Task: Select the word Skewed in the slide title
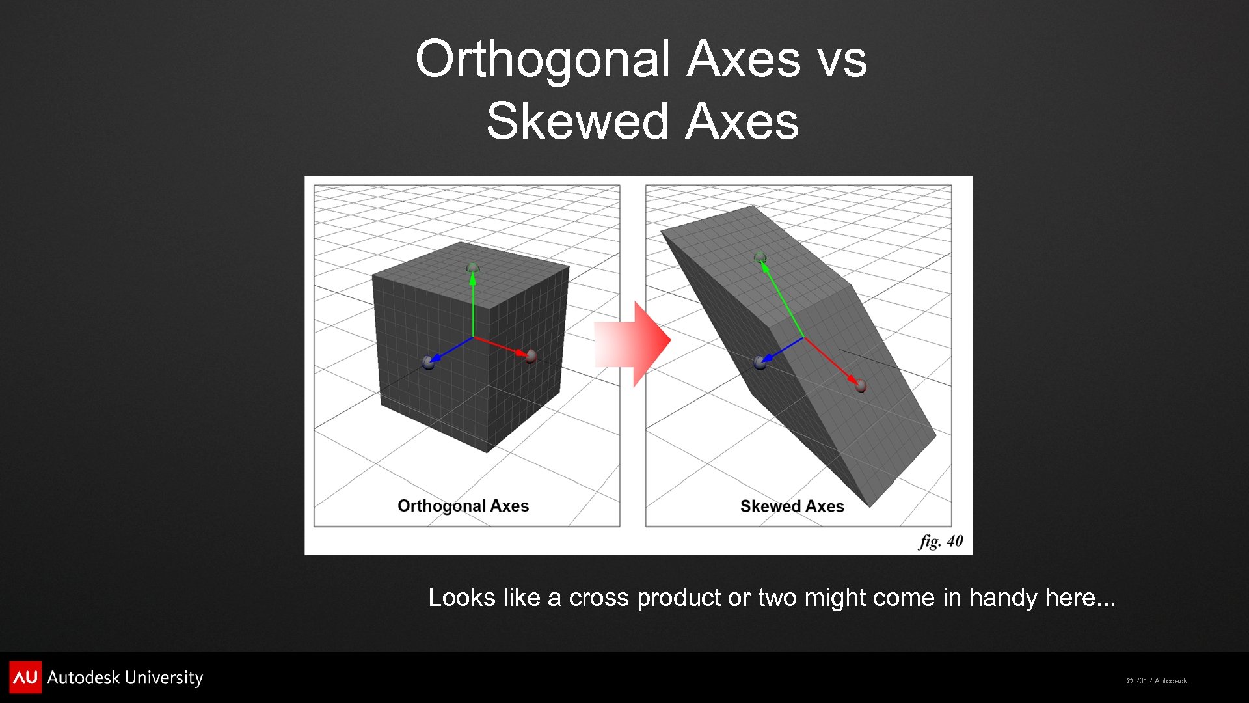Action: [x=578, y=122]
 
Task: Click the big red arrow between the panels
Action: [x=634, y=343]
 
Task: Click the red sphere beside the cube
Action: [x=531, y=355]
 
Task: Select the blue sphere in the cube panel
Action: [x=428, y=363]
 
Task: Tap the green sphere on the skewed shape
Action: [x=760, y=257]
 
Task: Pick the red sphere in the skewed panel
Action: [x=861, y=386]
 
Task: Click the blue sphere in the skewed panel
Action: [x=760, y=363]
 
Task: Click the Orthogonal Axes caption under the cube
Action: [x=463, y=506]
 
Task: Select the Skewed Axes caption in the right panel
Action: [x=792, y=506]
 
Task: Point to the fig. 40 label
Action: [x=941, y=542]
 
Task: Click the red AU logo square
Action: [x=25, y=677]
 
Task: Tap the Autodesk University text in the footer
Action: [x=125, y=678]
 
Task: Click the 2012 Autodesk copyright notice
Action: [x=1157, y=681]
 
